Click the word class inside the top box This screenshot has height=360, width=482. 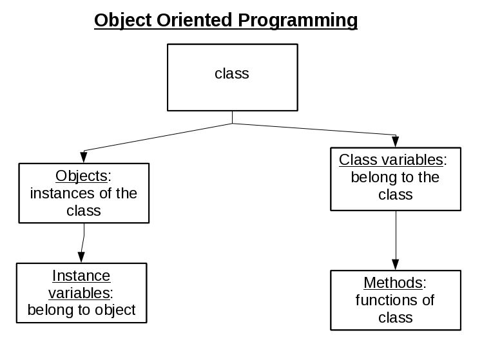point(232,73)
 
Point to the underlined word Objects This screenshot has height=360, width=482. point(82,176)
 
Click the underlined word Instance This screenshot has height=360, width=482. point(81,276)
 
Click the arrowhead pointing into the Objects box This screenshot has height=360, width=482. point(83,158)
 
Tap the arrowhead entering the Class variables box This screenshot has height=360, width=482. point(396,142)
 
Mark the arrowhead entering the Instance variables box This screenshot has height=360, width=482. point(81,258)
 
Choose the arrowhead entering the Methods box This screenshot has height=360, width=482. point(396,265)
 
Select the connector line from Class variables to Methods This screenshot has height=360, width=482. point(396,235)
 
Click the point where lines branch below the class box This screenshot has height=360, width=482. point(232,123)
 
